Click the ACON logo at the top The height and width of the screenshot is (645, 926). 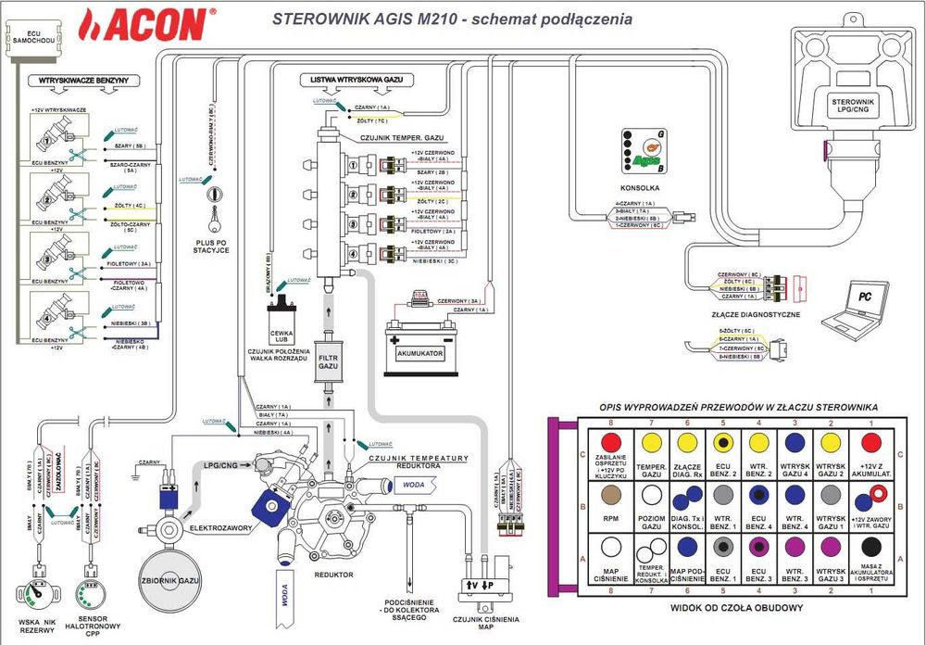(148, 24)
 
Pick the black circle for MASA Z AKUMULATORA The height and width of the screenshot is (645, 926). (870, 546)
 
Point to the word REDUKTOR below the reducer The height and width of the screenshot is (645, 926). (332, 575)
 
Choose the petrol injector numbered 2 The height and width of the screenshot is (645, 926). (43, 196)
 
